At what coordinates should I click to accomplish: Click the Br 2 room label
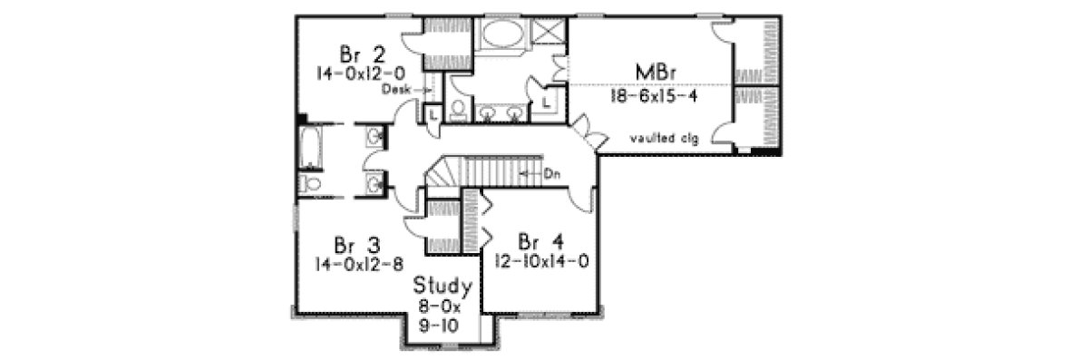coord(357,50)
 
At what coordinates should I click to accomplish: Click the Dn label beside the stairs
coord(552,170)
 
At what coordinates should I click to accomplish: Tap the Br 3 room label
coord(356,245)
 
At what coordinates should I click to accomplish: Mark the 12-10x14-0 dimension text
coord(542,260)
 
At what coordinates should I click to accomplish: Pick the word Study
coord(443,287)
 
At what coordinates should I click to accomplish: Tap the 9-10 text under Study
coord(443,327)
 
